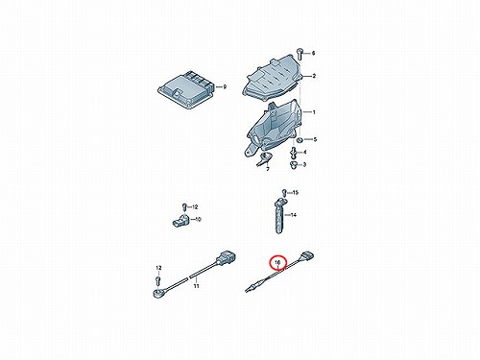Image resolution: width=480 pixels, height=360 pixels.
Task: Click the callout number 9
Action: coord(225,86)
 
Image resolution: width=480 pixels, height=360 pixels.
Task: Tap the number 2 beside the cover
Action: coord(314,76)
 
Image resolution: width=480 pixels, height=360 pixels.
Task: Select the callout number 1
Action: coord(314,112)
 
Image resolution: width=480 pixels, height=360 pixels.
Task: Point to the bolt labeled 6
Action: coord(300,54)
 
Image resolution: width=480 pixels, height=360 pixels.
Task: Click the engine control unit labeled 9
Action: coord(185,88)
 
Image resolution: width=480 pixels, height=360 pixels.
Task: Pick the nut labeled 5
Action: coord(300,140)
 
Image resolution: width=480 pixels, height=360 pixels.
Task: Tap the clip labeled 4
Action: coord(293,153)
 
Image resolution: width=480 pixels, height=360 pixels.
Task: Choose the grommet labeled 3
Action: coord(293,165)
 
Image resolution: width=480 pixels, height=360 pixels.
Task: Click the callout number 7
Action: coord(268,169)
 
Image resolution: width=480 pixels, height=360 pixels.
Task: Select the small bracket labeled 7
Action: coord(264,159)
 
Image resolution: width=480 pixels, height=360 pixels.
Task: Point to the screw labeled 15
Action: coord(284,192)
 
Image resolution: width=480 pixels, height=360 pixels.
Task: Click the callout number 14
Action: coord(293,215)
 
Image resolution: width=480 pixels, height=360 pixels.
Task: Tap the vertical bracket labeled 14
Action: coord(279,215)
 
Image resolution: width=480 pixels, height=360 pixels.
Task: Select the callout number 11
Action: coord(196,286)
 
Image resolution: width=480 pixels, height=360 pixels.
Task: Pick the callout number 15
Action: coord(295,193)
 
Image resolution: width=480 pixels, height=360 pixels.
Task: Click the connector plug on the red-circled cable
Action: coord(307,256)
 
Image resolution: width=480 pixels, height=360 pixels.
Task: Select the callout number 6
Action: coord(313,53)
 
